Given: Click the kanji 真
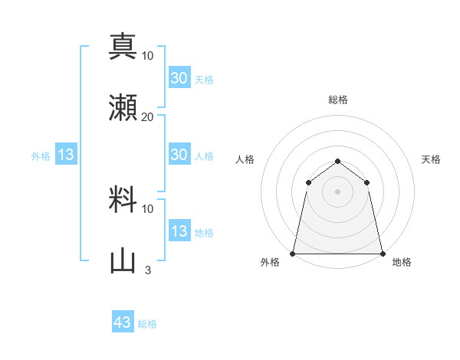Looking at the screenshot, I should [123, 46].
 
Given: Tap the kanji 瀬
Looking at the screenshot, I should [123, 106].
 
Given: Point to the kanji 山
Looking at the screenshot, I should [123, 260].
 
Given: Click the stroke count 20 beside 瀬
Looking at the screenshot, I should [147, 116].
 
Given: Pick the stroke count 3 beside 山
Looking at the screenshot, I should [147, 270].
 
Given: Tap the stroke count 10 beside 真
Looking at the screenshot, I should [147, 55].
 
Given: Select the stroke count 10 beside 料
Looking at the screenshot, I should [147, 208].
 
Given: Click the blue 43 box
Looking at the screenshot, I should [123, 322].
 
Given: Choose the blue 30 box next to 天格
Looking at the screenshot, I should [179, 78].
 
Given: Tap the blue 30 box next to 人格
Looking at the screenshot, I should [179, 155].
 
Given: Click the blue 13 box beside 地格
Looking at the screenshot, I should [179, 231].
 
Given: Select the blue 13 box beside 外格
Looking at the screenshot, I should [66, 155].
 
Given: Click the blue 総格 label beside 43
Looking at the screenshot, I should [147, 324].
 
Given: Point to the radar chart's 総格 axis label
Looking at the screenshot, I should [338, 100].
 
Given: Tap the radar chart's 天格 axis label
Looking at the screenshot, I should [431, 159].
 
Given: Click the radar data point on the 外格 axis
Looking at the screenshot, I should [293, 253].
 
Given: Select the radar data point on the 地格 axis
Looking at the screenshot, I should [383, 253].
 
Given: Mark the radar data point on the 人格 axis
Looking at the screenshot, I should [308, 182].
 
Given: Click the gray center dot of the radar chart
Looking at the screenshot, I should [338, 191].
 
